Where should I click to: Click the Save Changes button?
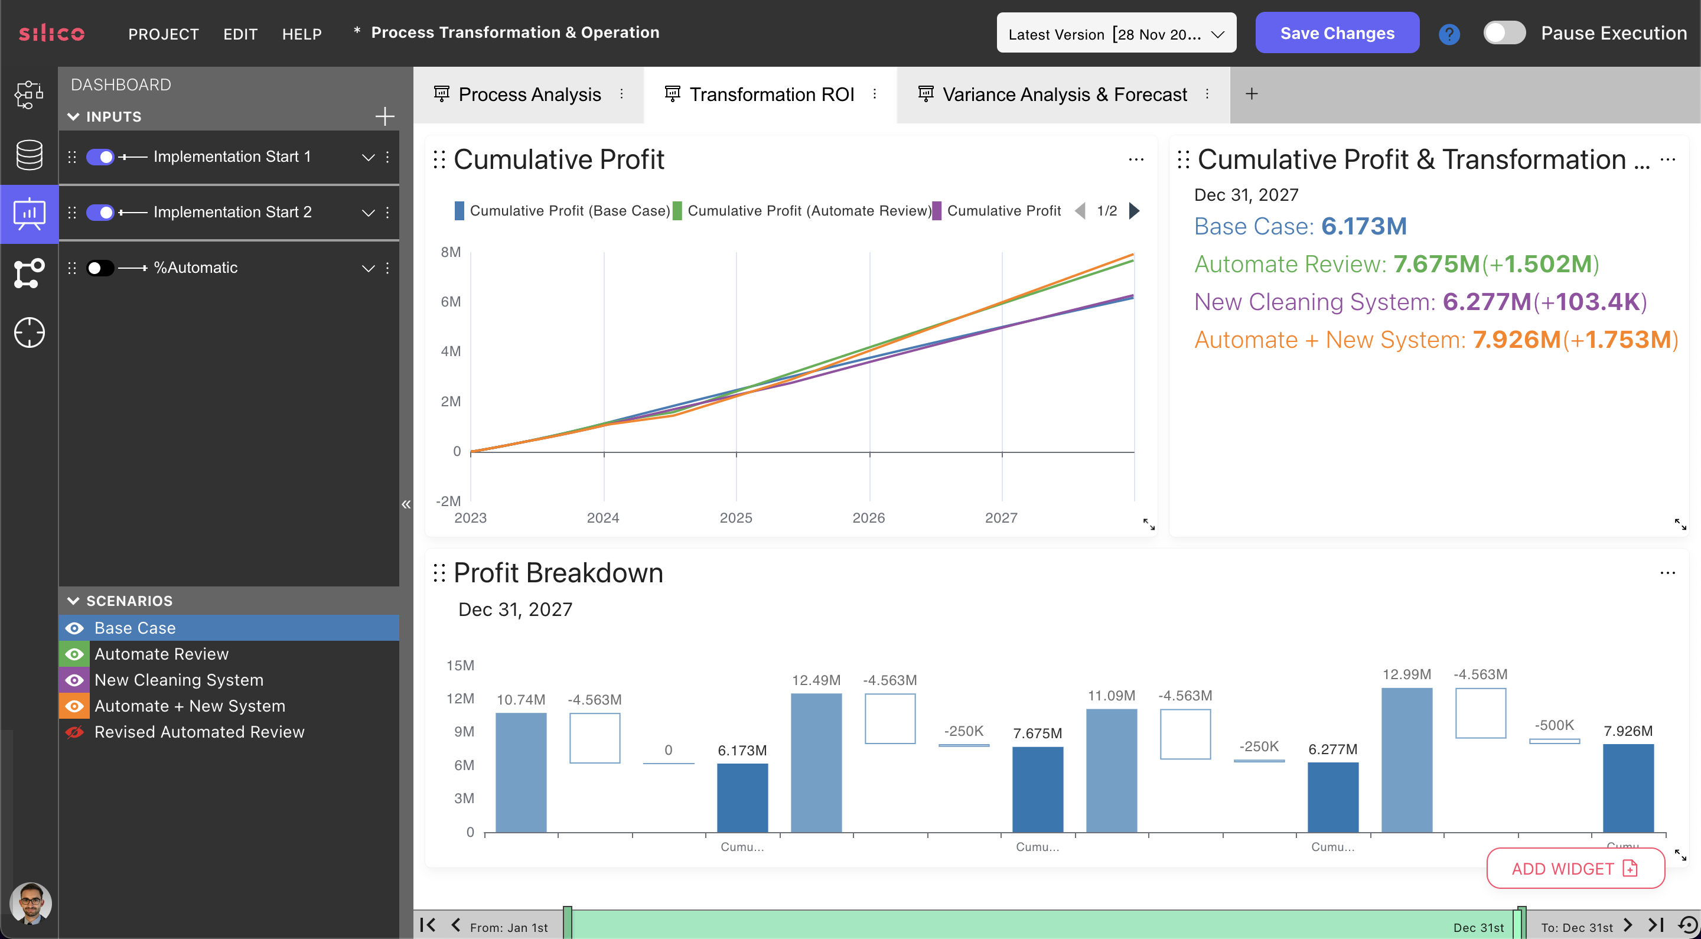point(1337,33)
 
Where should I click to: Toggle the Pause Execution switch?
point(1504,33)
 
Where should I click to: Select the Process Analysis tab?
point(529,94)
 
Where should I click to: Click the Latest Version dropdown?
point(1115,34)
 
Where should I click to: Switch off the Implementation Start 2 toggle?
point(100,213)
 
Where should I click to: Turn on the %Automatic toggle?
point(100,268)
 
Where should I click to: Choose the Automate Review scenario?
point(161,654)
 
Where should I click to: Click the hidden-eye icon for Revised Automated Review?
point(74,732)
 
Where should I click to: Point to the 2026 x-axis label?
point(868,518)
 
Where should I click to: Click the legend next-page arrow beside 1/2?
point(1134,211)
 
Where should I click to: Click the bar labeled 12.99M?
point(1406,759)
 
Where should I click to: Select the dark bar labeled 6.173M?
point(742,797)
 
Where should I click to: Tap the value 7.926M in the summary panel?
point(1516,340)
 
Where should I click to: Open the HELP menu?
point(302,34)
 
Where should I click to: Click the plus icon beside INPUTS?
point(384,116)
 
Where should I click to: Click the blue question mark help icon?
point(1449,34)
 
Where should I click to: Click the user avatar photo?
point(30,903)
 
